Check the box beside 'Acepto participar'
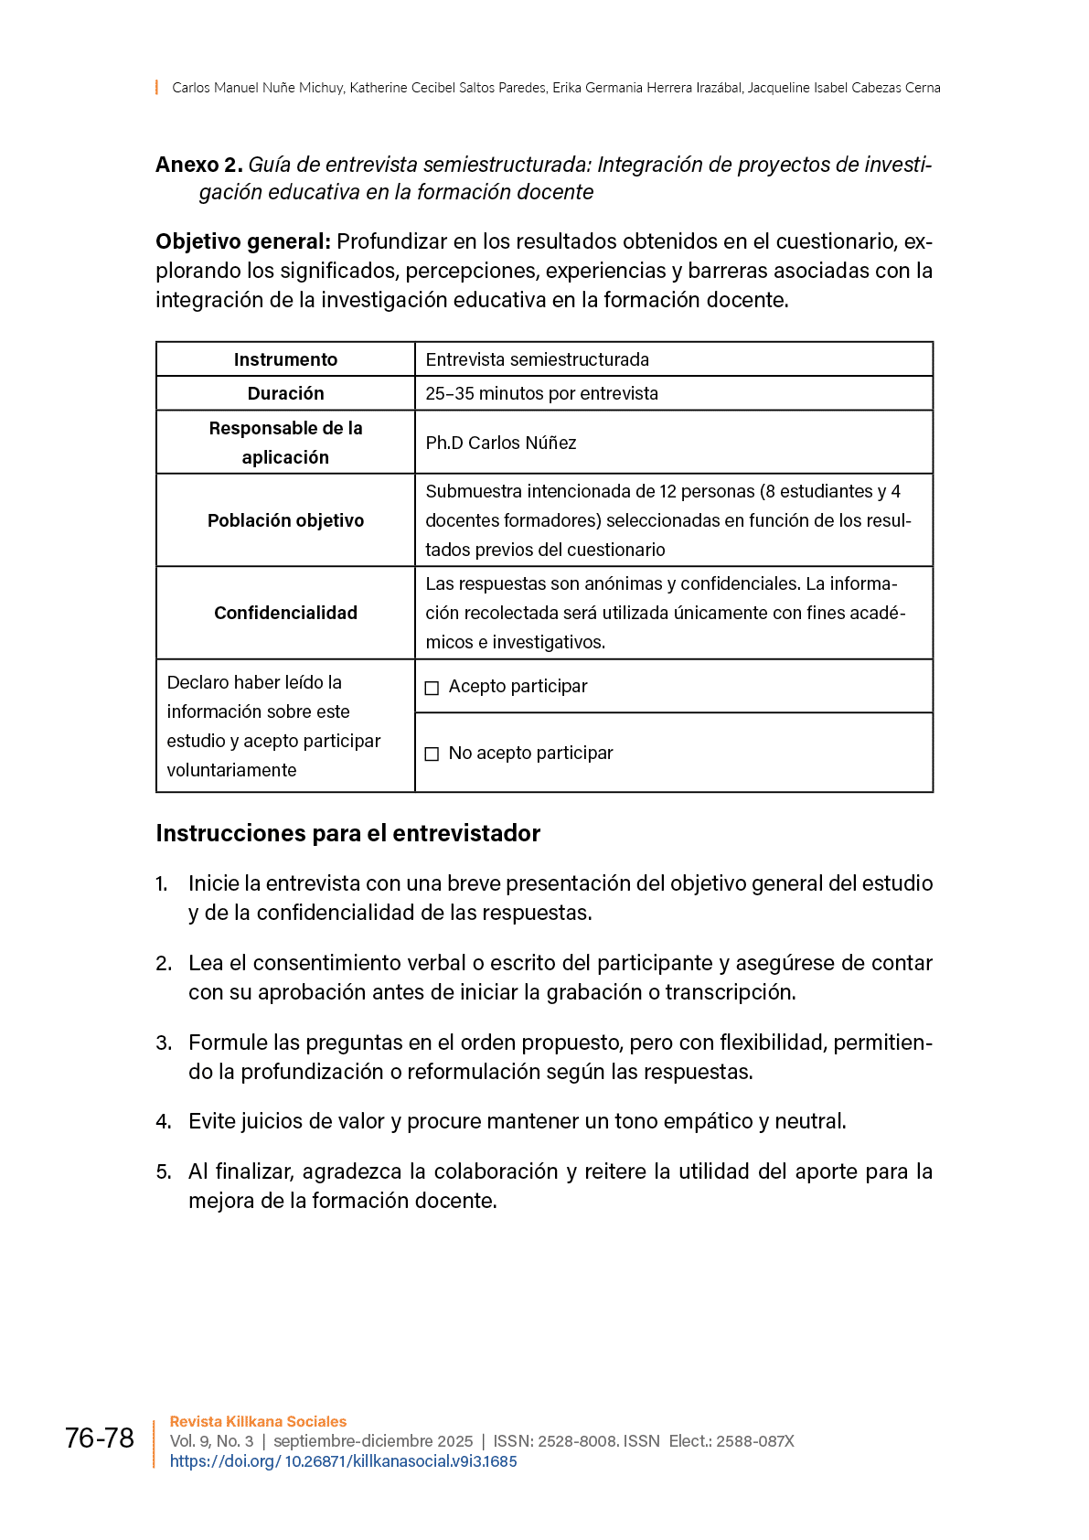(432, 688)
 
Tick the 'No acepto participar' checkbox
(432, 754)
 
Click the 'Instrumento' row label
(285, 359)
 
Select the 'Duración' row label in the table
(285, 393)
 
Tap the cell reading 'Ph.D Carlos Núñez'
(501, 443)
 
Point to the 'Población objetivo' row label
(285, 520)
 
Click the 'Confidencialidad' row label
(285, 613)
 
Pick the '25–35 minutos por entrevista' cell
(541, 393)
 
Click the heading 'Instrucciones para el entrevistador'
(347, 833)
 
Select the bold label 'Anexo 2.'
(198, 165)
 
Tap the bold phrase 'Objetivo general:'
(242, 241)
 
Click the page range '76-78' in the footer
(100, 1438)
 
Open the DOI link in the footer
(343, 1461)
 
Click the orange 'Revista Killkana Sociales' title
(258, 1421)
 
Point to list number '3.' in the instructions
(164, 1043)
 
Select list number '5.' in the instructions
(164, 1172)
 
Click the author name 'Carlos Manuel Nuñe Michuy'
(258, 88)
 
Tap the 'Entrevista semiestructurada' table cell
(537, 359)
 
